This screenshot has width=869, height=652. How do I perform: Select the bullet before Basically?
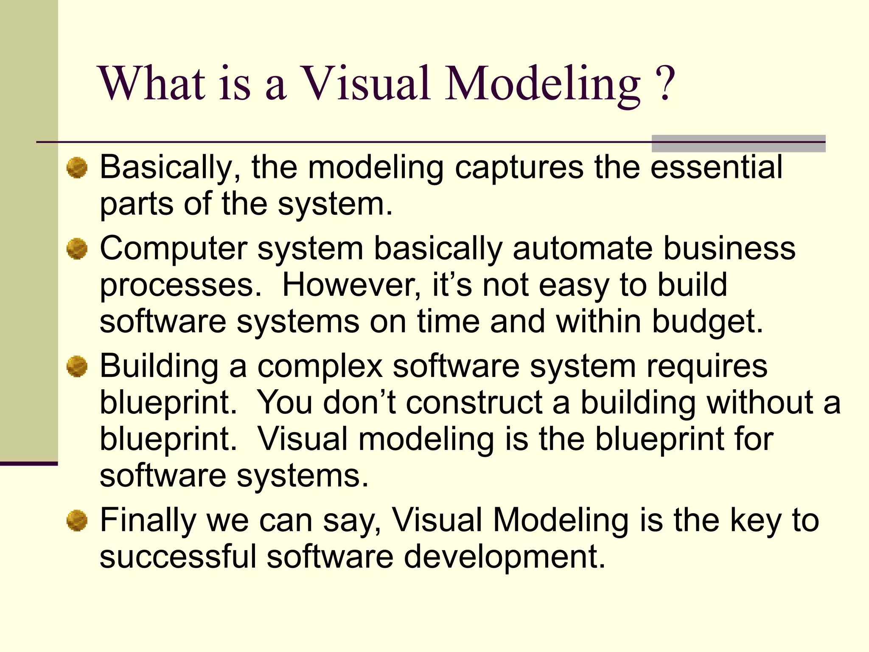pos(77,168)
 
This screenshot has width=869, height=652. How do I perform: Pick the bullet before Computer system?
pos(77,249)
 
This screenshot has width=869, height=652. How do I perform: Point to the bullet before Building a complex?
pos(77,366)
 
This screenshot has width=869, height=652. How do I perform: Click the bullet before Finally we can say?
pos(77,521)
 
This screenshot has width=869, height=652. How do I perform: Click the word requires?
pos(706,366)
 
